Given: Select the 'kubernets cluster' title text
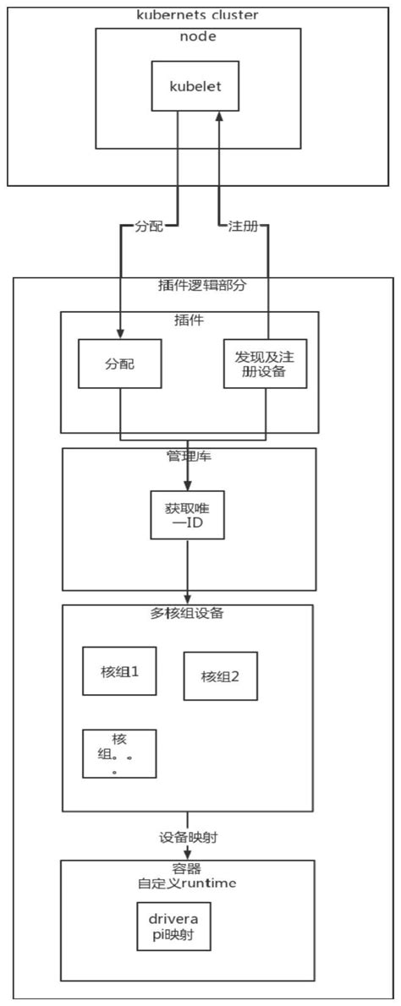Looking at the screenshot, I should [x=198, y=15].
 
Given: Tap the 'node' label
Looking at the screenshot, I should [x=197, y=36].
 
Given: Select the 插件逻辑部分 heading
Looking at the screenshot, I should [x=202, y=286].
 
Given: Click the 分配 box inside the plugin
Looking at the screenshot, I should [x=120, y=364].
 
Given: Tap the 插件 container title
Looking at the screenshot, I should [x=190, y=320].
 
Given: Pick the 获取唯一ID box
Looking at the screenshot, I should [x=187, y=516].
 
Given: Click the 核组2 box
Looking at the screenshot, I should [x=221, y=676].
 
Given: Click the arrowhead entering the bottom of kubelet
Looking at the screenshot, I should [x=219, y=117].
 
